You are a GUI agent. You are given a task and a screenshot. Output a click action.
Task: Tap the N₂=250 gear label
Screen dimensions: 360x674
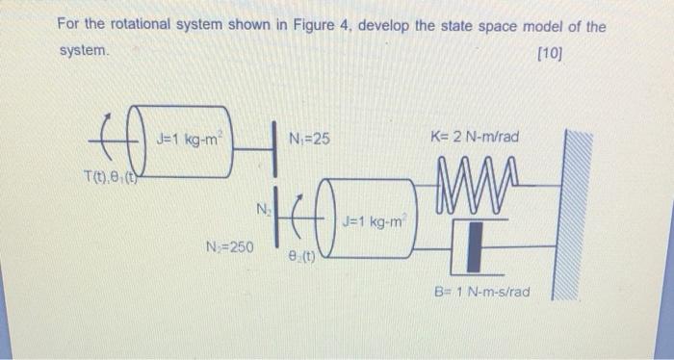[229, 247]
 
